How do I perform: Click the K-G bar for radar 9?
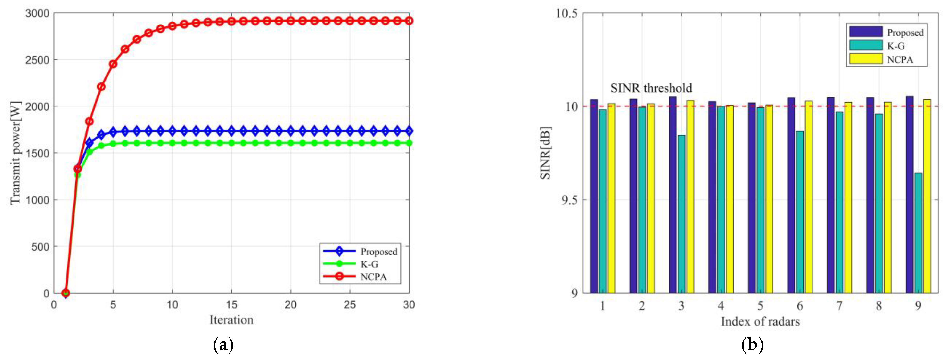click(918, 233)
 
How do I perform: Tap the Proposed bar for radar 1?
click(593, 196)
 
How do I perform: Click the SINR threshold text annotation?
click(651, 88)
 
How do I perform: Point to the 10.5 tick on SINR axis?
click(566, 13)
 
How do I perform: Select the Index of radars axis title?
click(760, 321)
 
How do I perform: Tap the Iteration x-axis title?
click(231, 320)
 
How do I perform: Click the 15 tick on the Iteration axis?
click(231, 304)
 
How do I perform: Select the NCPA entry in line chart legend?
click(373, 277)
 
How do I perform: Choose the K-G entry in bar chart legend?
click(895, 46)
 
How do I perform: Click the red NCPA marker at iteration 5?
click(113, 64)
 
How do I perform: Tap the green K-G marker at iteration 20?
click(290, 143)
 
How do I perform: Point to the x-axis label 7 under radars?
click(839, 306)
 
